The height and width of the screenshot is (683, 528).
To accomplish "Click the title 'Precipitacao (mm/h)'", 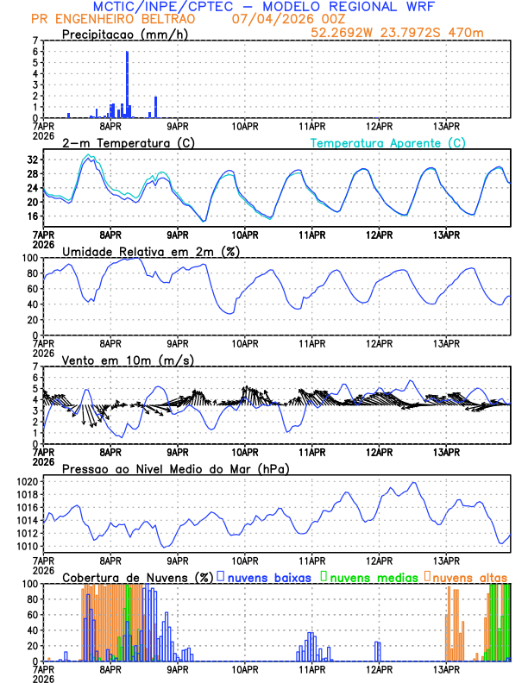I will (x=124, y=34).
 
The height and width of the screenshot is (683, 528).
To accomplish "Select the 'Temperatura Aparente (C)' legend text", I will (x=388, y=142).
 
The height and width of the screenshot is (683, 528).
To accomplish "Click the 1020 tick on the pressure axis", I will (x=26, y=481).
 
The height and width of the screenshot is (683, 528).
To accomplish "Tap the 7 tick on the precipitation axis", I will (x=35, y=41).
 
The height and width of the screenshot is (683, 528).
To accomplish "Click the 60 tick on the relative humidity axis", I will (x=31, y=289).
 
